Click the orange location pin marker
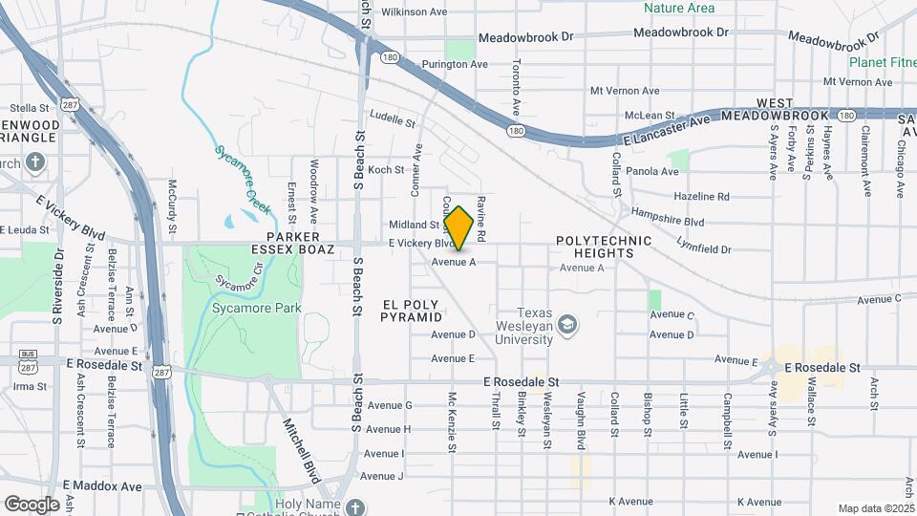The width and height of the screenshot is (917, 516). [x=458, y=227]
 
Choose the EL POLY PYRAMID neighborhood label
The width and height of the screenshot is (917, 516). [x=413, y=311]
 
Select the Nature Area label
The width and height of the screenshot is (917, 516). [x=679, y=9]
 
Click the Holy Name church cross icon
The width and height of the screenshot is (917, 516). [x=355, y=505]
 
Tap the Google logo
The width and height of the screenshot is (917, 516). [x=32, y=504]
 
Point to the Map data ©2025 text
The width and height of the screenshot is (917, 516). [x=875, y=508]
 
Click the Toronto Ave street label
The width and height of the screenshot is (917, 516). [x=516, y=86]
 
